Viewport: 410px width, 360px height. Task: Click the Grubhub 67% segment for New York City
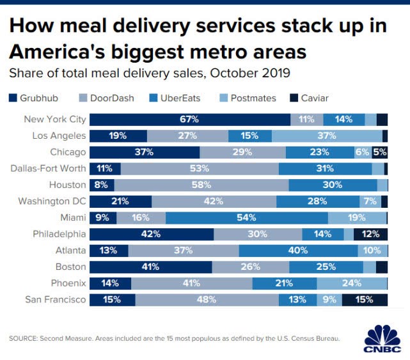tap(189, 120)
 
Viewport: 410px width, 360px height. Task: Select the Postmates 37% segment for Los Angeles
tap(327, 136)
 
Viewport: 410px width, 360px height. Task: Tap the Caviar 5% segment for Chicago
tap(380, 152)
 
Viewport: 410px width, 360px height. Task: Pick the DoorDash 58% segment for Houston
tap(201, 185)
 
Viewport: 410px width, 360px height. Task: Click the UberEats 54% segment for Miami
tap(247, 218)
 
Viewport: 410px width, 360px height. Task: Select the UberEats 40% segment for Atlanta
tap(298, 251)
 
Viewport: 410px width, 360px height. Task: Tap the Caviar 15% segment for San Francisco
tap(365, 299)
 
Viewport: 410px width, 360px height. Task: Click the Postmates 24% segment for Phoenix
tap(352, 283)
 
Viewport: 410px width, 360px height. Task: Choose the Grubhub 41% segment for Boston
tap(150, 267)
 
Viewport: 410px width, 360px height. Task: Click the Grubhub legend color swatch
tap(13, 98)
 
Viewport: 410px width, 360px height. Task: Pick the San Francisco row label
tap(56, 299)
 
